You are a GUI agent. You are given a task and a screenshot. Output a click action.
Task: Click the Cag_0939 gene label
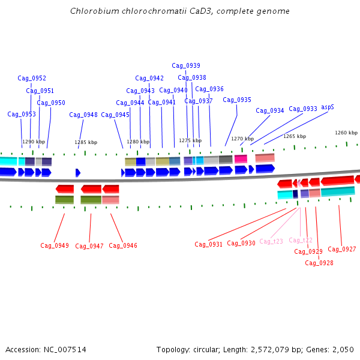coord(186,65)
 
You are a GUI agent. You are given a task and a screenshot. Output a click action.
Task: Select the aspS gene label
coord(328,107)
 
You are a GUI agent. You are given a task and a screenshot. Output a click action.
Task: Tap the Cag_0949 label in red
coord(55,245)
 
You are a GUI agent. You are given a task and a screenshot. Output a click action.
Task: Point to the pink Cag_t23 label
coord(271,241)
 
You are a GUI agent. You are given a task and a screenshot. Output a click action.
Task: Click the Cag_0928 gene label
coord(319,263)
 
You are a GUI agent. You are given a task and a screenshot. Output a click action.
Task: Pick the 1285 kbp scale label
coord(86,142)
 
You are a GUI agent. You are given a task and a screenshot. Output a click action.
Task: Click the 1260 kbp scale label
coord(346,133)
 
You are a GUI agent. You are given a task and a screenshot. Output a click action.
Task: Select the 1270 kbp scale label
coord(242,139)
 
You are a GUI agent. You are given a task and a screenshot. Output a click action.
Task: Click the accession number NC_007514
coord(65,350)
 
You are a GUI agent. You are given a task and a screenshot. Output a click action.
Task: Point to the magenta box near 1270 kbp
coord(241,159)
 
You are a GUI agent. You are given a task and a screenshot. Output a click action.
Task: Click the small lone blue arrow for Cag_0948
coord(78,173)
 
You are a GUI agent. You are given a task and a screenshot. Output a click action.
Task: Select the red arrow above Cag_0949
coord(65,189)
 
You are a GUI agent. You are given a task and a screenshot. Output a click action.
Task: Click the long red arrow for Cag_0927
coord(337,181)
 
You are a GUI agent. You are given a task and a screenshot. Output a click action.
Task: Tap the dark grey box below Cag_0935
coord(226,160)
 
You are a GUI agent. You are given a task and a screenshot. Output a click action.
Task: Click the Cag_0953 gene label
coord(22,115)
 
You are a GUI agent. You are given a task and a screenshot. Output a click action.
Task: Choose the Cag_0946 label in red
coord(123,245)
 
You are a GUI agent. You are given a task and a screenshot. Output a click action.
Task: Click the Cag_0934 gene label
coord(270,110)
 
